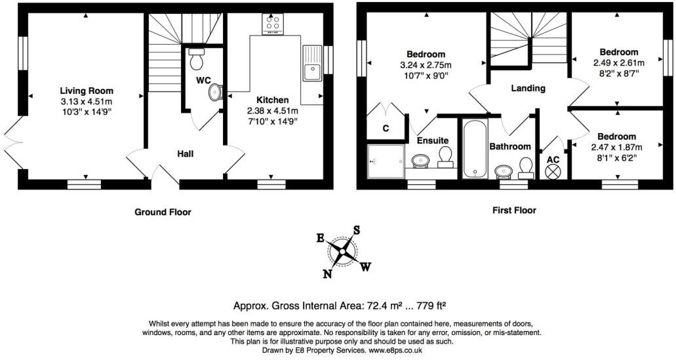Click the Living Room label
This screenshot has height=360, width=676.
87,90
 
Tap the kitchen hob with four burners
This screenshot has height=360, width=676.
272,24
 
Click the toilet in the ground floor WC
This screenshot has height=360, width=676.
196,60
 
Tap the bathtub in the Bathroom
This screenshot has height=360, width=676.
473,149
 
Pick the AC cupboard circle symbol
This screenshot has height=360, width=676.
554,171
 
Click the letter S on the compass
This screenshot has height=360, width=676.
357,230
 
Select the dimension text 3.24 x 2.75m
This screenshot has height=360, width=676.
426,65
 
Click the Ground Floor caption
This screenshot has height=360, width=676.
163,212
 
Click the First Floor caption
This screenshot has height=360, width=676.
514,210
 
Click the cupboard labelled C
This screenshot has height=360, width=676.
386,129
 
